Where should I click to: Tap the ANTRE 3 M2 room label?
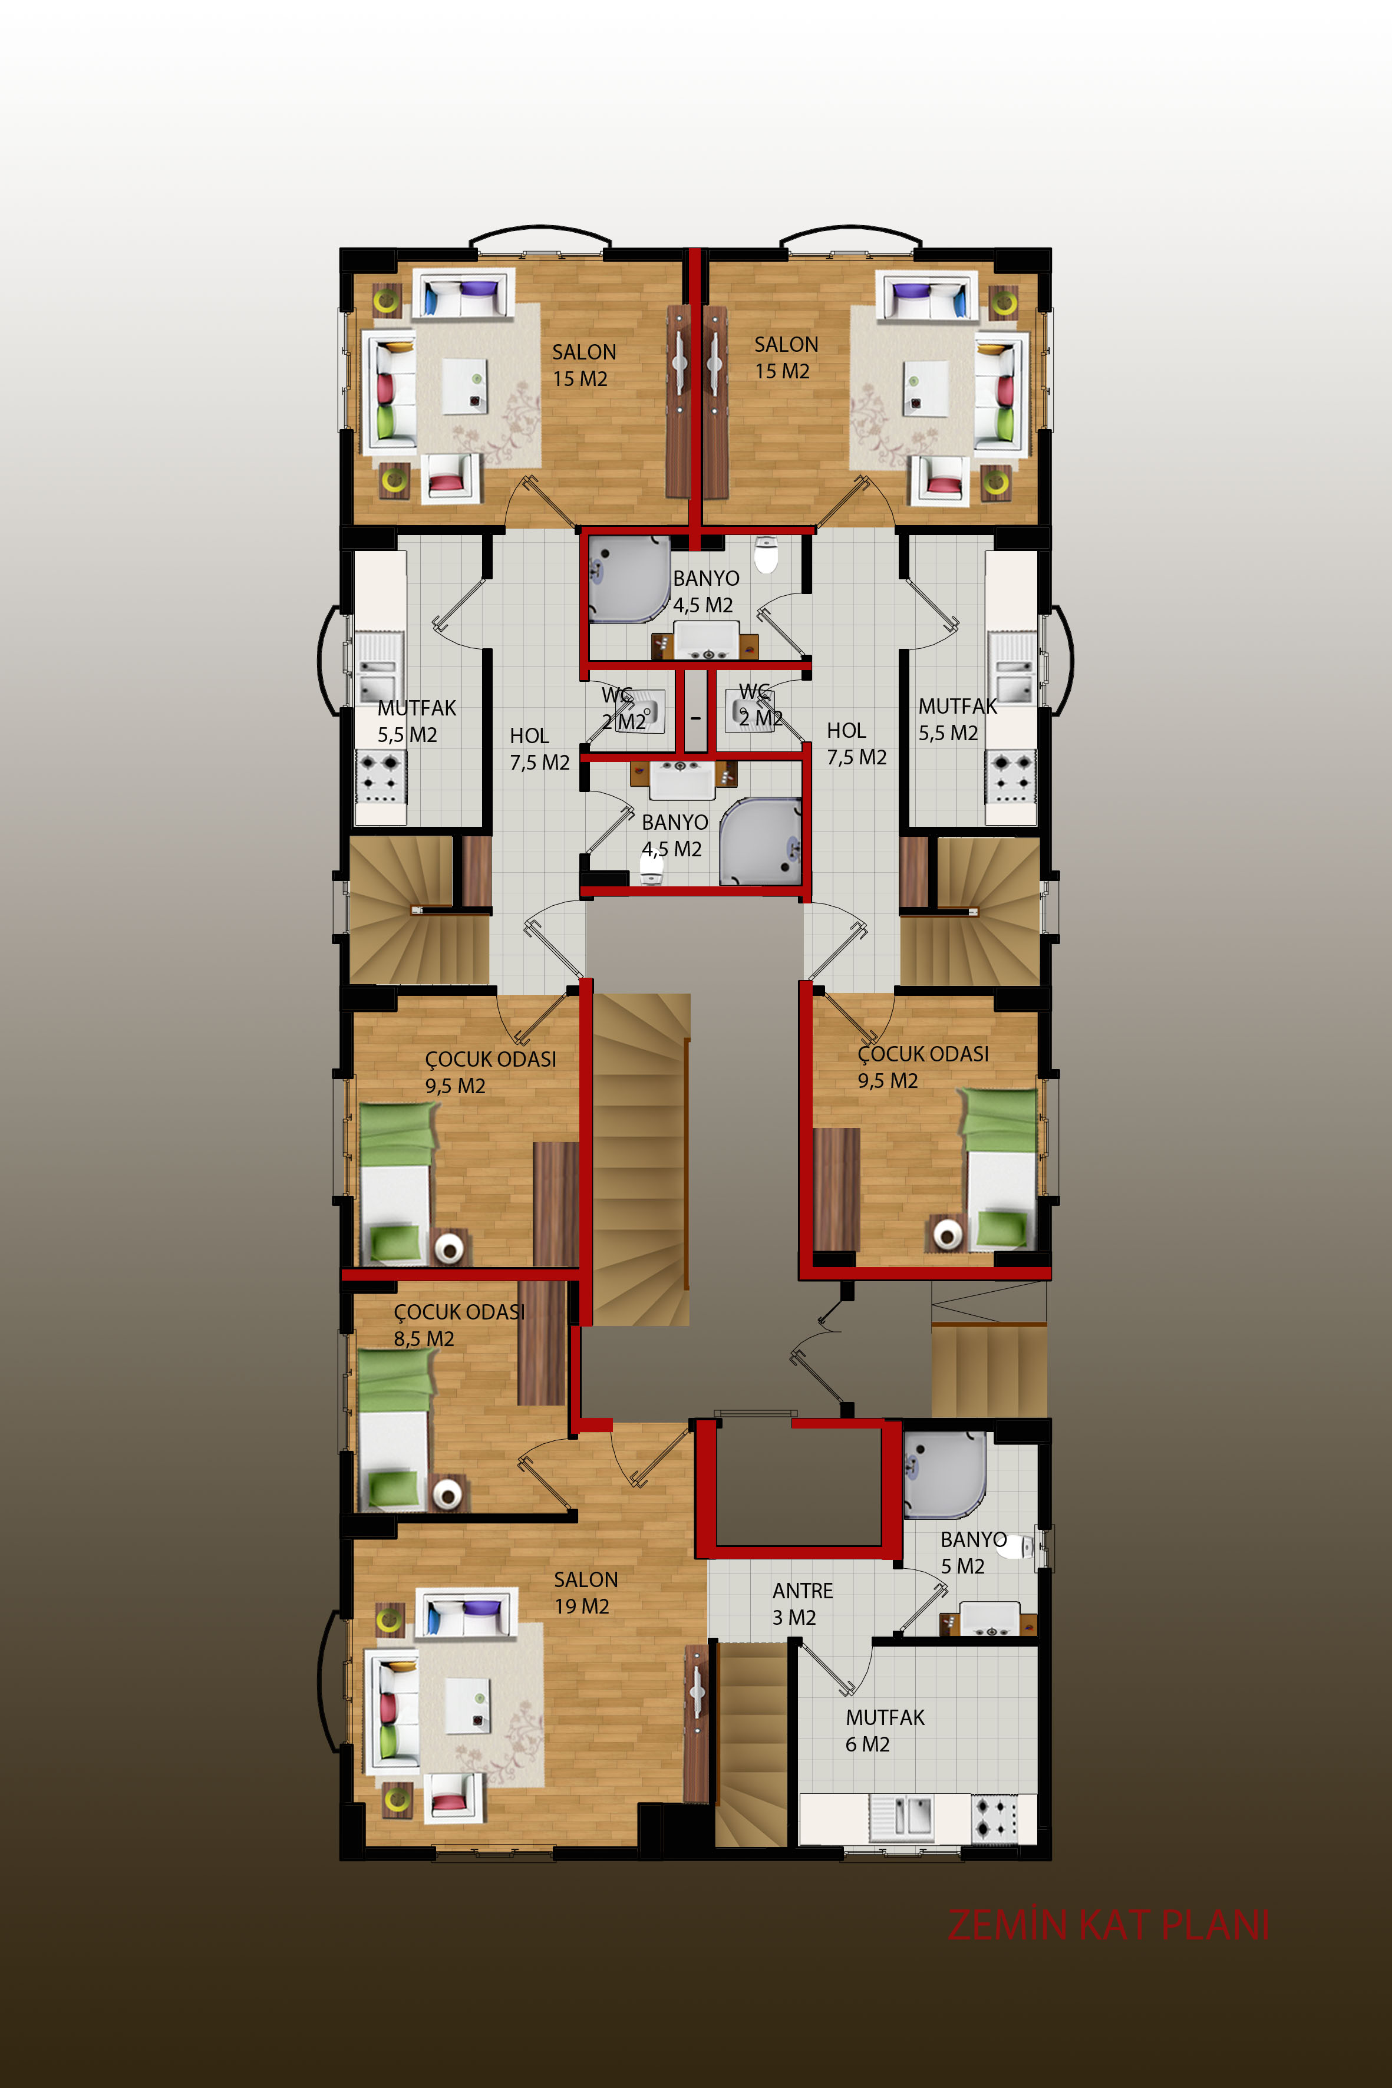click(x=803, y=1604)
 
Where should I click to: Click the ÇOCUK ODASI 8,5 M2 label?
click(x=459, y=1325)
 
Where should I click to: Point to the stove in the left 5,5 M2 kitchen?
click(x=381, y=777)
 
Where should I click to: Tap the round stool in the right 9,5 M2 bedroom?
click(x=948, y=1232)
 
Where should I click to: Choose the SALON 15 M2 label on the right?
click(x=786, y=357)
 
